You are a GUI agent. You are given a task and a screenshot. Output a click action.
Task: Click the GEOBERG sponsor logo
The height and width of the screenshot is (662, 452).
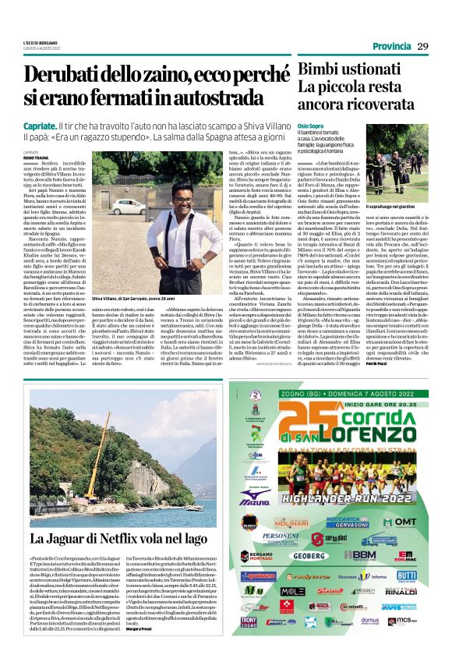click(x=309, y=555)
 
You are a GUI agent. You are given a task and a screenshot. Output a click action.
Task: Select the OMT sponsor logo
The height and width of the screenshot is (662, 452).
click(x=406, y=522)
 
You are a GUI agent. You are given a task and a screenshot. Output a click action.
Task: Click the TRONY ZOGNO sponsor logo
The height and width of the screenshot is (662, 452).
click(x=249, y=621)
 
